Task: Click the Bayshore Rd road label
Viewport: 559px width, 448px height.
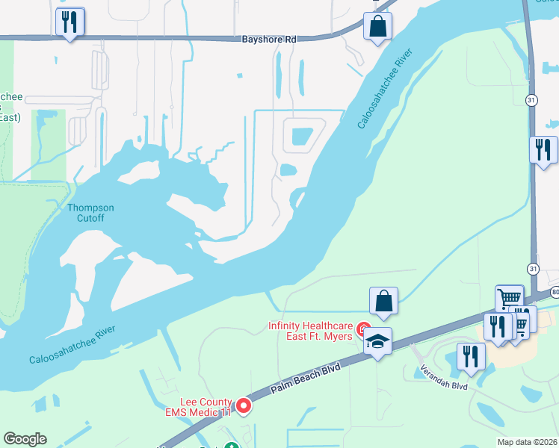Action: tap(270, 39)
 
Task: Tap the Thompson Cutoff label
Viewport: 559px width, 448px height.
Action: tap(90, 213)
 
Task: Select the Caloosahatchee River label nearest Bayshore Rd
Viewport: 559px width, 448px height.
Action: tap(385, 89)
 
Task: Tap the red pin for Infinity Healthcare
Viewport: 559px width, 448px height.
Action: tap(364, 328)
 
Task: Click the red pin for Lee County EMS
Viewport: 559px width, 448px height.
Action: tap(244, 405)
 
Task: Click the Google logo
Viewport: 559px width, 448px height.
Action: tap(25, 439)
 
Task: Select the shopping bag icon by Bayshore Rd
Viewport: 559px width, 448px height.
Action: tap(378, 26)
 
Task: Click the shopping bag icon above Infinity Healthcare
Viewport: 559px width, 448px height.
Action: tap(383, 300)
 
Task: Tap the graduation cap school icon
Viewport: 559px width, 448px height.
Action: tap(377, 342)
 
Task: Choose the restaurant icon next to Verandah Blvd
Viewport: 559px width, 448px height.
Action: tap(470, 355)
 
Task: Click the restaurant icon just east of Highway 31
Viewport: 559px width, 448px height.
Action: tap(543, 149)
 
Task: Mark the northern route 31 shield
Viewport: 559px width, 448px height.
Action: tap(531, 99)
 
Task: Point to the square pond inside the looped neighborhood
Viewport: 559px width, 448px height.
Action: tap(301, 137)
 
